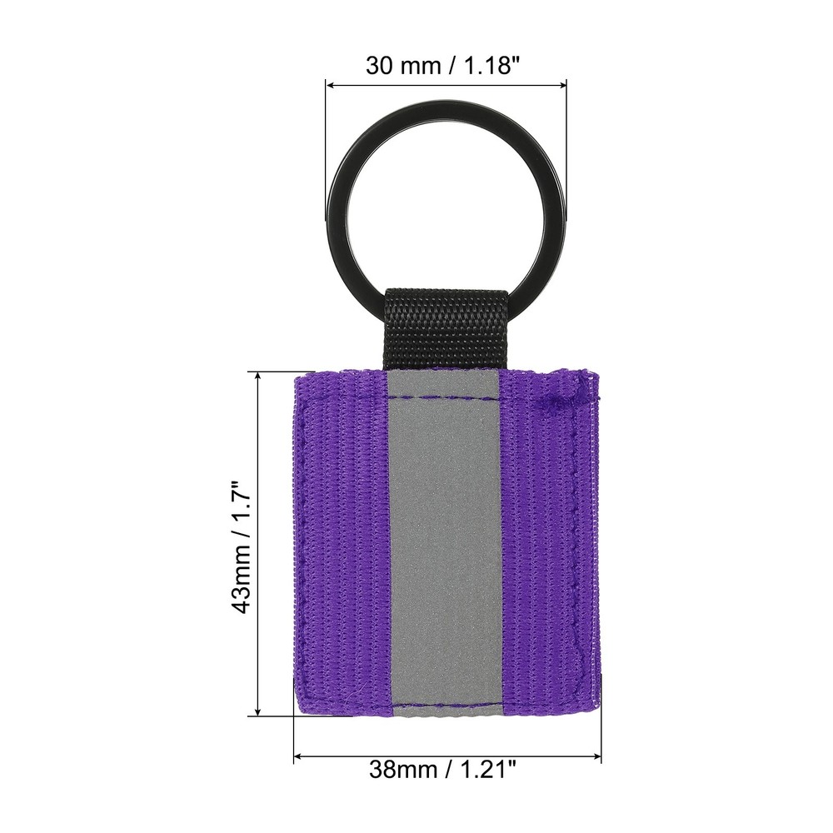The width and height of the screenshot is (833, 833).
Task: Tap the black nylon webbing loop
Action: tap(447, 329)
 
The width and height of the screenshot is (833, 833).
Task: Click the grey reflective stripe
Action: tap(443, 541)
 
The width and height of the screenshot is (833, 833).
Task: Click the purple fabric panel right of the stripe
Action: tap(546, 541)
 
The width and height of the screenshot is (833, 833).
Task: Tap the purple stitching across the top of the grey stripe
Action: tap(443, 397)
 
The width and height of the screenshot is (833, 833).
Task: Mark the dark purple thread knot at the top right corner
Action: tap(556, 399)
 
